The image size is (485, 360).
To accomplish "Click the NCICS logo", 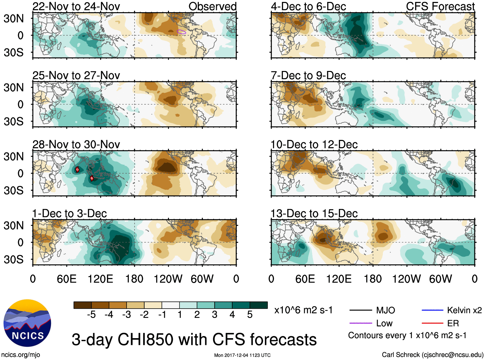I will point(27,323).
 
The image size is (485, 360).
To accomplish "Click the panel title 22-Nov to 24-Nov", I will point(76,6).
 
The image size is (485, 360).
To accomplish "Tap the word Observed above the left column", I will point(212,6).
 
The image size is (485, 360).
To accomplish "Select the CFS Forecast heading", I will point(440,6).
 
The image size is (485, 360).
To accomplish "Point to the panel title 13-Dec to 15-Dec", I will point(314,214).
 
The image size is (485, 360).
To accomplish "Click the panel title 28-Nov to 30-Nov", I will point(76,145).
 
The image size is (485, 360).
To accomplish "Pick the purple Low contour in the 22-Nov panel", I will point(181,32).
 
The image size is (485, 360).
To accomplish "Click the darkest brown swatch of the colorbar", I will point(83,305).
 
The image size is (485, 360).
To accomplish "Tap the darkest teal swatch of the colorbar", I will point(259,305).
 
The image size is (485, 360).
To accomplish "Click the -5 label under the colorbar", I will point(91,315).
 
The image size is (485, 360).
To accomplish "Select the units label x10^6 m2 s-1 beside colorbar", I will point(303,310).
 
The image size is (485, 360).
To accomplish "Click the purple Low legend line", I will point(361,323).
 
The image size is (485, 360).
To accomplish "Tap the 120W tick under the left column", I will point(168,279).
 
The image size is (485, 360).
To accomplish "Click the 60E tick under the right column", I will point(305,279).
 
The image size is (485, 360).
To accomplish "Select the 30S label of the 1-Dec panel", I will point(14,259).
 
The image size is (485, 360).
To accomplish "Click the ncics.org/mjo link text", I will point(21,355).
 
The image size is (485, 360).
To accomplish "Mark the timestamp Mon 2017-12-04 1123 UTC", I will point(242,355).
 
